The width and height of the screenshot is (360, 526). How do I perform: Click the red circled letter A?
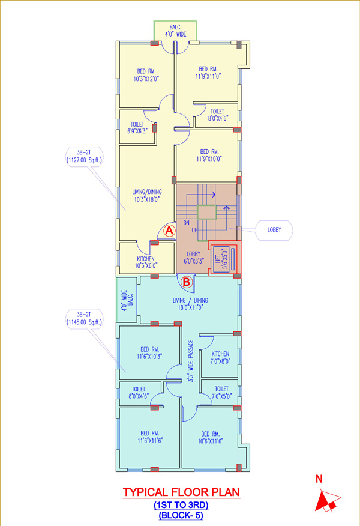coord(170,231)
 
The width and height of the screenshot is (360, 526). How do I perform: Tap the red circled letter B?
coord(187,282)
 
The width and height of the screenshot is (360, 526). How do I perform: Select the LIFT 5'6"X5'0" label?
coord(222,259)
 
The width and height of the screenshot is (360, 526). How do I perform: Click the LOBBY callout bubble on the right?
coord(274,230)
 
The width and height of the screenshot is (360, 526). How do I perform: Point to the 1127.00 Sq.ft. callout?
coord(84,156)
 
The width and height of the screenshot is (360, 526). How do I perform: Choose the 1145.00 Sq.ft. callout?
coord(84,319)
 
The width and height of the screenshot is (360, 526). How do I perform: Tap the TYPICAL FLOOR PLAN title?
coord(181,492)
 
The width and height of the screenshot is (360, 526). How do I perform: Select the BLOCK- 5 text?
coord(181,515)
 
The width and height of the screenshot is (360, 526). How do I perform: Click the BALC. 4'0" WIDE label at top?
coord(175,31)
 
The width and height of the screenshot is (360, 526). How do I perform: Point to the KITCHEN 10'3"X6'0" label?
coord(146,262)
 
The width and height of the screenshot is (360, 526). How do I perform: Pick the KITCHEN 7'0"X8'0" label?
coord(220,358)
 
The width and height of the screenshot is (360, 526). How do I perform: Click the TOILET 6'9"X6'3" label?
coord(137,128)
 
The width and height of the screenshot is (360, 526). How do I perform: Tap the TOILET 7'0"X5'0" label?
coord(221,393)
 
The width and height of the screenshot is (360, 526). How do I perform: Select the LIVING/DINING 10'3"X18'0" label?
coord(147,196)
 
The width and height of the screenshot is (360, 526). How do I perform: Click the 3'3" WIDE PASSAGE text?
coord(190,361)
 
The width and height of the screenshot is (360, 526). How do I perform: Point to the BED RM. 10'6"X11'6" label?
coord(211,438)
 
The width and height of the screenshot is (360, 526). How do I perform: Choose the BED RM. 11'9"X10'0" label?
coord(209,156)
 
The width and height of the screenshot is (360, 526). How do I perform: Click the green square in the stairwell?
coord(206,213)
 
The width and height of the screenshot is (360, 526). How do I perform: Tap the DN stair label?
coord(187,222)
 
